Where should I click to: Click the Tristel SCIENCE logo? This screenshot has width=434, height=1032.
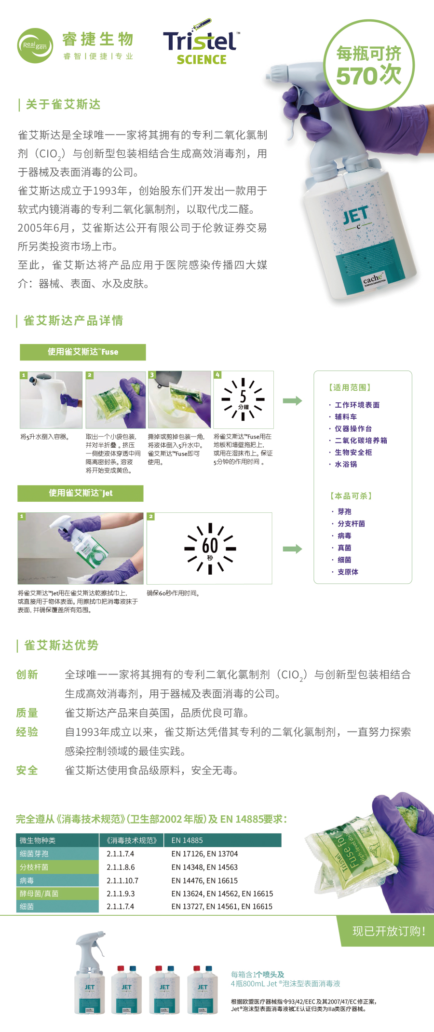click(x=201, y=43)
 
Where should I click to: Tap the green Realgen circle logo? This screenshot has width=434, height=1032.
click(x=35, y=45)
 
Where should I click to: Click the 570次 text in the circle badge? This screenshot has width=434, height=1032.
click(x=368, y=75)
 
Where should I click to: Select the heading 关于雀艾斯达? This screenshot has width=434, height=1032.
click(x=63, y=104)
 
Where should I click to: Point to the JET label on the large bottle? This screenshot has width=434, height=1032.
click(x=356, y=216)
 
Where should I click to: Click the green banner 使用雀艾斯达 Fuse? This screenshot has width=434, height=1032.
click(x=82, y=352)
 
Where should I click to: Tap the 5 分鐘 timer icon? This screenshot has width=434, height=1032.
click(x=243, y=399)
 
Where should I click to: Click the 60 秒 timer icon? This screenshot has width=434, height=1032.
click(x=210, y=549)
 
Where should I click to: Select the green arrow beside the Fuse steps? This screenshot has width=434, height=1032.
click(x=292, y=400)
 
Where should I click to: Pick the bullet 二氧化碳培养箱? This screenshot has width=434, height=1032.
click(x=361, y=440)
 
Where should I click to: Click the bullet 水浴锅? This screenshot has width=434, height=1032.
click(x=346, y=464)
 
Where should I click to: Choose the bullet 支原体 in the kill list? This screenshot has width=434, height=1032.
click(x=348, y=572)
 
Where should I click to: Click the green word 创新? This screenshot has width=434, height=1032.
click(x=27, y=674)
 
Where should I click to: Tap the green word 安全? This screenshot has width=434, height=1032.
click(x=27, y=770)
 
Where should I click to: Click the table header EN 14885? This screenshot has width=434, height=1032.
click(x=187, y=840)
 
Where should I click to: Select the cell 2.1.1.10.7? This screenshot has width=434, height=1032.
click(x=122, y=881)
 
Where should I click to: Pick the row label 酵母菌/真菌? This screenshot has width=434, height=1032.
click(x=39, y=894)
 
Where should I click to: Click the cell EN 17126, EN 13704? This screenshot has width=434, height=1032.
click(x=204, y=854)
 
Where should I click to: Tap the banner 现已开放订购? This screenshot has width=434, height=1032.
click(x=389, y=931)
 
